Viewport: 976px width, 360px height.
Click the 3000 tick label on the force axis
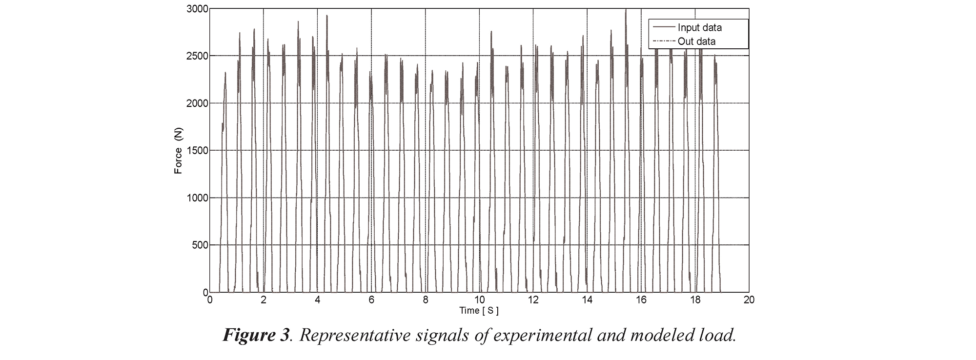tap(196, 9)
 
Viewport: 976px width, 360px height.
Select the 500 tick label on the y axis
tap(199, 245)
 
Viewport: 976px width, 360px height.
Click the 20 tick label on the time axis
tap(749, 300)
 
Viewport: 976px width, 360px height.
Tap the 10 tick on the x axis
tap(479, 300)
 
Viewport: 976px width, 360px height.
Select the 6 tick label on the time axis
tap(371, 300)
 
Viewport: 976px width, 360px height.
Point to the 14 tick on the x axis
tap(587, 300)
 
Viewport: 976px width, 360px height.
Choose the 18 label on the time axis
tap(695, 300)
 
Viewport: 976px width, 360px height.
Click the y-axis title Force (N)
tap(179, 151)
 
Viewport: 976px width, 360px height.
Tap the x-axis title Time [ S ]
tap(479, 311)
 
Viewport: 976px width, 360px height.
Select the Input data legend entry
tap(699, 28)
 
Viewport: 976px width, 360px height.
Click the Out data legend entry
tap(696, 41)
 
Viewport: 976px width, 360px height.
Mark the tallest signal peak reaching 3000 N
tap(626, 10)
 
